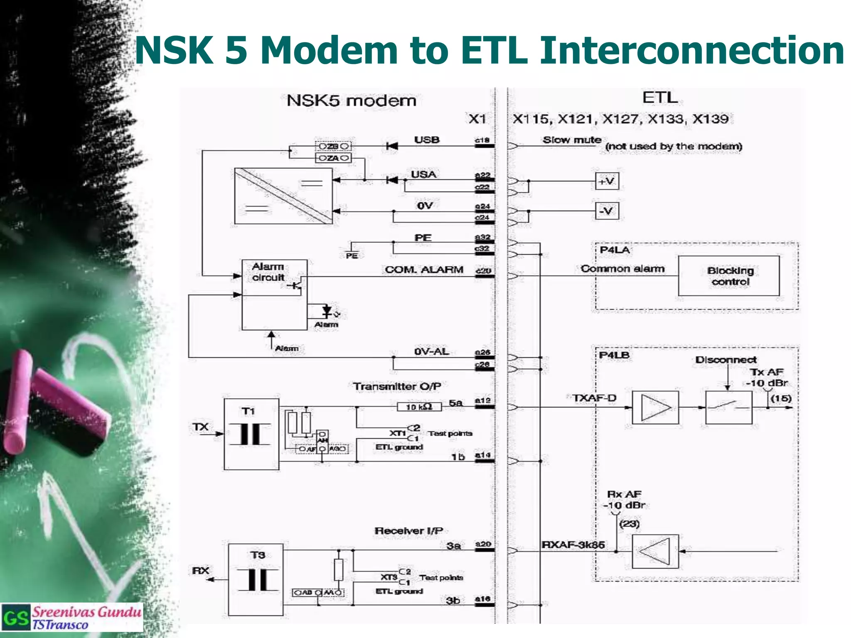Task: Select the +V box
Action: click(x=607, y=181)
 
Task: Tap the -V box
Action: click(x=607, y=211)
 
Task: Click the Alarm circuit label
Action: click(x=268, y=272)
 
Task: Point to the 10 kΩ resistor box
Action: click(x=419, y=407)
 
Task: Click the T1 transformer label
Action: click(x=248, y=411)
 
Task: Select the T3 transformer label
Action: click(x=257, y=555)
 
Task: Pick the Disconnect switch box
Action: click(x=728, y=407)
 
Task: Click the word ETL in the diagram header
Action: click(x=660, y=98)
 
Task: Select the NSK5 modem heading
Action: click(x=351, y=101)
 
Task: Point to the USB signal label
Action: click(x=426, y=140)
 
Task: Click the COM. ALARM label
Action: click(x=423, y=270)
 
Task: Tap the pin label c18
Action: click(x=482, y=140)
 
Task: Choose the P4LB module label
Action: click(x=614, y=355)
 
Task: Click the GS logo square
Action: click(x=16, y=618)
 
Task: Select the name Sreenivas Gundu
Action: click(x=86, y=612)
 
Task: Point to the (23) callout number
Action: click(x=629, y=524)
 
